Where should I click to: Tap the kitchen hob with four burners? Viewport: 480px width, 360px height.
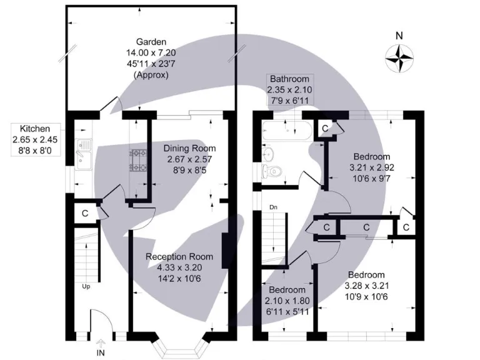(x=137, y=160)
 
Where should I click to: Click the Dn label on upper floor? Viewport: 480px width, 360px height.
(x=273, y=206)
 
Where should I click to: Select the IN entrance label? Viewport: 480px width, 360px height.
(x=101, y=353)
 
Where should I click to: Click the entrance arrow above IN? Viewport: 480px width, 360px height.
(x=101, y=342)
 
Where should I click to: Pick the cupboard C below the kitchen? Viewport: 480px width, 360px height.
(x=84, y=213)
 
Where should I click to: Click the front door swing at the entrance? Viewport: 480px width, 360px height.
(x=101, y=324)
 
